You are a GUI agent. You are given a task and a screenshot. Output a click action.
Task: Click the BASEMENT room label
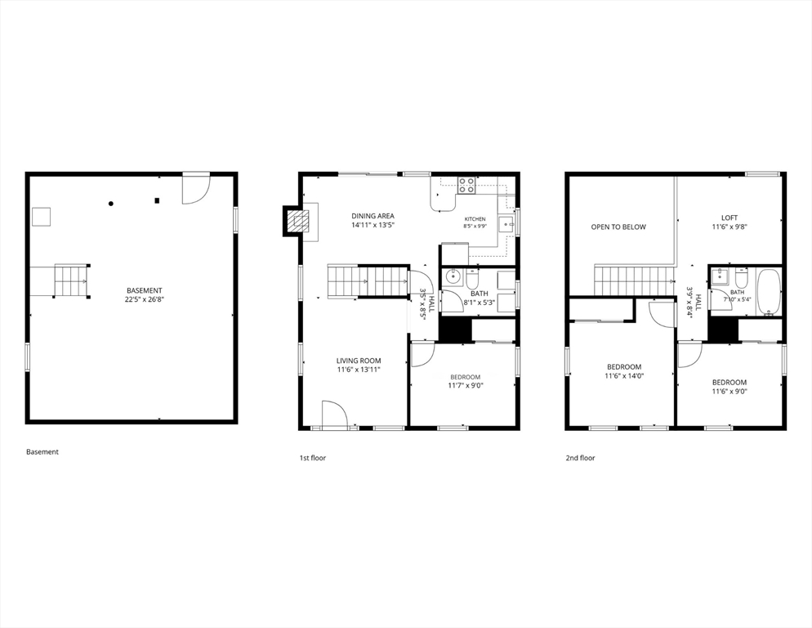point(145,290)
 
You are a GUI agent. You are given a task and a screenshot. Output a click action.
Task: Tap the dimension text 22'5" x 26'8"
point(145,299)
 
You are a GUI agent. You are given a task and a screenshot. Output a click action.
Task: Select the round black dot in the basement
point(111,204)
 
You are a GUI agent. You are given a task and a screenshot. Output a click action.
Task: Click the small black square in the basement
point(157,200)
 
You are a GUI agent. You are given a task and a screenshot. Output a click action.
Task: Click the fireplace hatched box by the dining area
point(297,222)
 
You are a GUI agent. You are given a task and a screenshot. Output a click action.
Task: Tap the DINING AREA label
point(373,216)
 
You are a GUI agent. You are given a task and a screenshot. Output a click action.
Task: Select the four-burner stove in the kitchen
point(466,185)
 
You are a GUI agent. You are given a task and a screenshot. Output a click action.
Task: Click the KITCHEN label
point(475,219)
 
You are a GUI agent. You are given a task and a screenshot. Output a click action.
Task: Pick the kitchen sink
point(506,225)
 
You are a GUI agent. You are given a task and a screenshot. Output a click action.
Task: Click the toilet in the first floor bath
point(473,279)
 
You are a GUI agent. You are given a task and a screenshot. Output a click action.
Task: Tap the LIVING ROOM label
point(359,361)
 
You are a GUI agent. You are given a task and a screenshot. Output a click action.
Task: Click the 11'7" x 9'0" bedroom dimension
point(466,385)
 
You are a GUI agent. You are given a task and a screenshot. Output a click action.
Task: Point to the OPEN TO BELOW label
point(618,227)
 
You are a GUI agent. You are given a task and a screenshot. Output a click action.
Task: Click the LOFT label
point(729,218)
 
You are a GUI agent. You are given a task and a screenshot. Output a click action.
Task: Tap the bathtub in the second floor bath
point(768,292)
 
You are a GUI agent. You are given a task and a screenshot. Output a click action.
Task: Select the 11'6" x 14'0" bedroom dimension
point(624,376)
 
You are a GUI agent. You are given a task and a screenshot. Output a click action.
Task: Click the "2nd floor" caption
point(580,458)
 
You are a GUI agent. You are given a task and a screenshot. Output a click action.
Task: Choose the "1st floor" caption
point(313,458)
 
